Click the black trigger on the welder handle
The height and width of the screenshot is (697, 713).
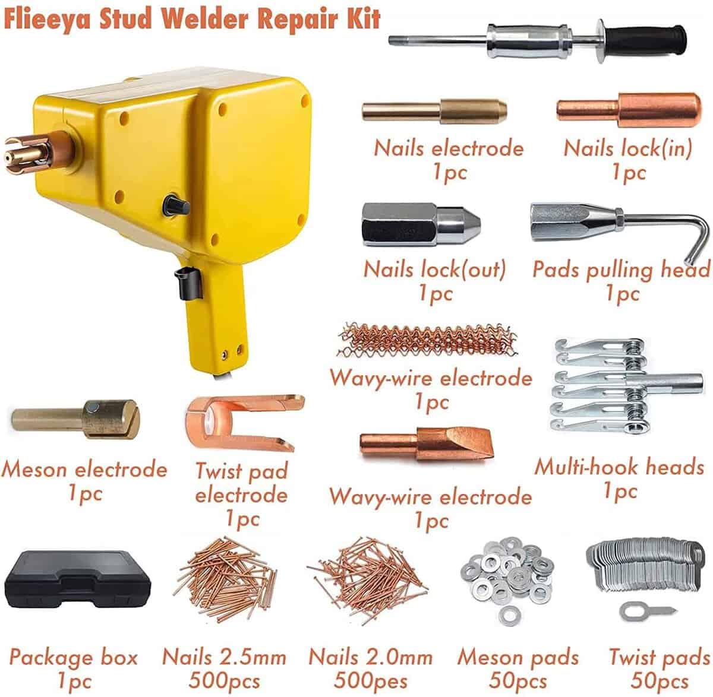(188, 283)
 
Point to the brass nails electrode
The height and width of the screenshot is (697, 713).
(434, 110)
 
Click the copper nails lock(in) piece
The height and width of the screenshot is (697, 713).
(629, 110)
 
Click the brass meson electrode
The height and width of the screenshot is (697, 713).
(76, 420)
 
